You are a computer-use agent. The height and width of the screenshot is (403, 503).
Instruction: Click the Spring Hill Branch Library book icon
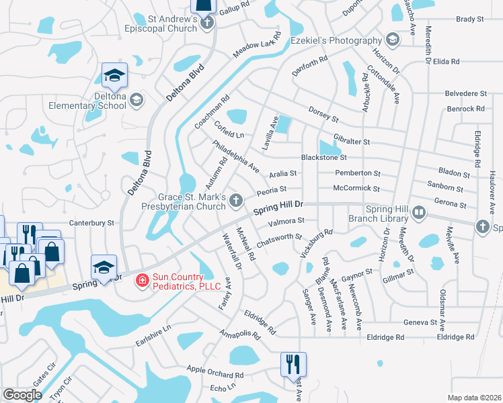tap(420, 213)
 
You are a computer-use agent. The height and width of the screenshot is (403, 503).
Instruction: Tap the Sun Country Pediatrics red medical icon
tap(141, 280)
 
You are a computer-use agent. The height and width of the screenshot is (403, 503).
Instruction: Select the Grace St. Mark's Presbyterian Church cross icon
tap(236, 200)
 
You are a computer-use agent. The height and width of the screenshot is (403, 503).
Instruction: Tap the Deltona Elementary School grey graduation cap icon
tap(137, 100)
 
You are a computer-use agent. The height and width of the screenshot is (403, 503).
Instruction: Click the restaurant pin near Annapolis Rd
tap(293, 363)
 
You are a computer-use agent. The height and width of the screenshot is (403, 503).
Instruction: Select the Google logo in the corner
tap(22, 395)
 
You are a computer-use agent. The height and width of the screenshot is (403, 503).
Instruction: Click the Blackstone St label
tap(324, 158)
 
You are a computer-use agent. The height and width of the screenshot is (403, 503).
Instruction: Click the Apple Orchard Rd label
tap(213, 370)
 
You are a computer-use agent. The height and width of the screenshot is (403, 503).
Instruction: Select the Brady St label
tap(470, 19)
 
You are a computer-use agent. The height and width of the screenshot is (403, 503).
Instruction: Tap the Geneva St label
tap(420, 322)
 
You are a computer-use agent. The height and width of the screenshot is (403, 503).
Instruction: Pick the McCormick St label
tap(356, 189)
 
